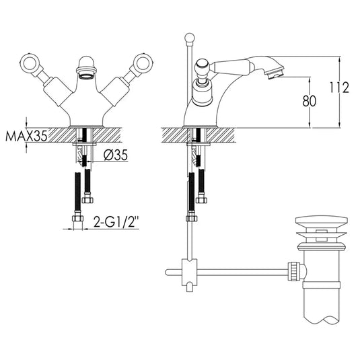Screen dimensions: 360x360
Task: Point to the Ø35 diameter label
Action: point(118,156)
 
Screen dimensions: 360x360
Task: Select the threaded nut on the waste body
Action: point(295,272)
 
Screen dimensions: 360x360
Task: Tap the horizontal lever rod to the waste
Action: point(242,273)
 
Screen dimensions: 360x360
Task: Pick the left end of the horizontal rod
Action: point(168,273)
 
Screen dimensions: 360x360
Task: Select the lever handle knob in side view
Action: point(201,67)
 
